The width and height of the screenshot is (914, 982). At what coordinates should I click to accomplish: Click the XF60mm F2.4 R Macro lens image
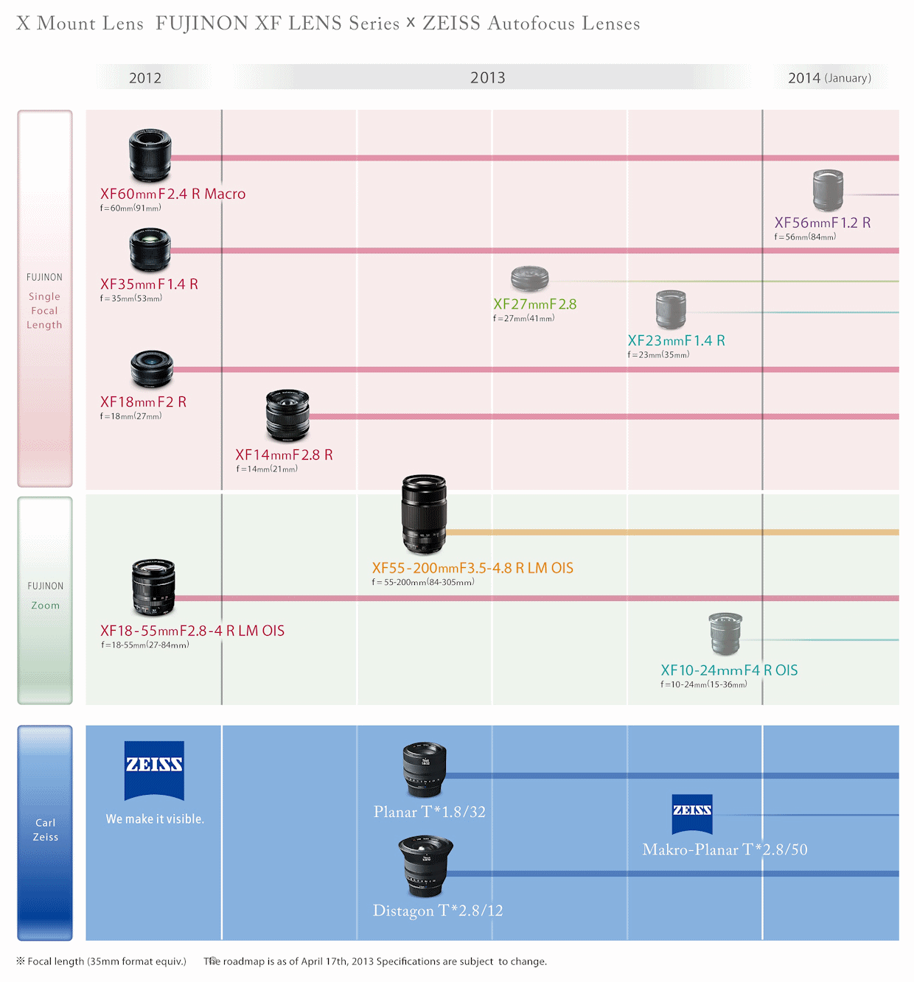(150, 155)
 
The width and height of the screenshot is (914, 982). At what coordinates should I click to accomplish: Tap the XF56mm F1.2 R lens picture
(828, 190)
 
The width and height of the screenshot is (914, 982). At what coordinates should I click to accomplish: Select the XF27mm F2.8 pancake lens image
(530, 278)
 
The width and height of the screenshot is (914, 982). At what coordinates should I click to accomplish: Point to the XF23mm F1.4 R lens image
(671, 309)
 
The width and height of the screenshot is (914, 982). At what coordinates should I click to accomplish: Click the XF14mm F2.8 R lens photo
(287, 415)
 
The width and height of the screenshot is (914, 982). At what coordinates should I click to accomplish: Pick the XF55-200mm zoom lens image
(424, 513)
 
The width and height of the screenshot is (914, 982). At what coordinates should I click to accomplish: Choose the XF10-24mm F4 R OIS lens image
(725, 634)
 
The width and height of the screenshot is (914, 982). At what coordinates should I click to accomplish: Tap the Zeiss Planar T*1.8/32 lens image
(425, 769)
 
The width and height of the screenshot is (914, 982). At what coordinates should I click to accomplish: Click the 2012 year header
(145, 78)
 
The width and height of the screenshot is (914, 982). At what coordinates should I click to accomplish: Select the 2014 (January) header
(829, 78)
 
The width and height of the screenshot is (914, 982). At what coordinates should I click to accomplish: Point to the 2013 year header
(488, 78)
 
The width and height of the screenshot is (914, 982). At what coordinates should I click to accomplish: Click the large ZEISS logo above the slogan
(154, 770)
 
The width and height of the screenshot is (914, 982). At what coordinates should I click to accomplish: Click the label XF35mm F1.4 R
(149, 284)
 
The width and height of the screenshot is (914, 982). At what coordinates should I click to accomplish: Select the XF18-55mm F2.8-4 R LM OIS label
(192, 631)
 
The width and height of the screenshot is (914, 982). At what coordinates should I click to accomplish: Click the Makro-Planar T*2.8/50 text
(725, 850)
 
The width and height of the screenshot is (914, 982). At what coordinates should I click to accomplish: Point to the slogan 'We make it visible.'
(155, 819)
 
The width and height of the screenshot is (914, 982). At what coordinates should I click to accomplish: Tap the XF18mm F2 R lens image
(152, 368)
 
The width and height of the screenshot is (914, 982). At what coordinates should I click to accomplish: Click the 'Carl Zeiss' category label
(45, 830)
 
